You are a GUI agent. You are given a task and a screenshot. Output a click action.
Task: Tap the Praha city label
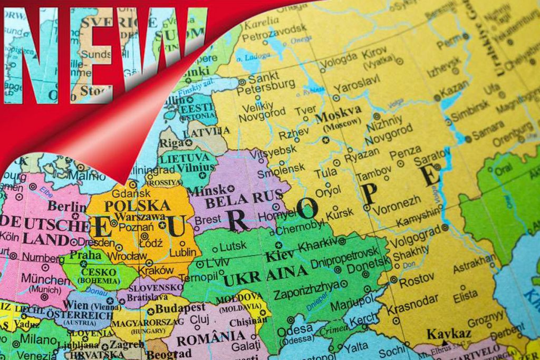point(84,255)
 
